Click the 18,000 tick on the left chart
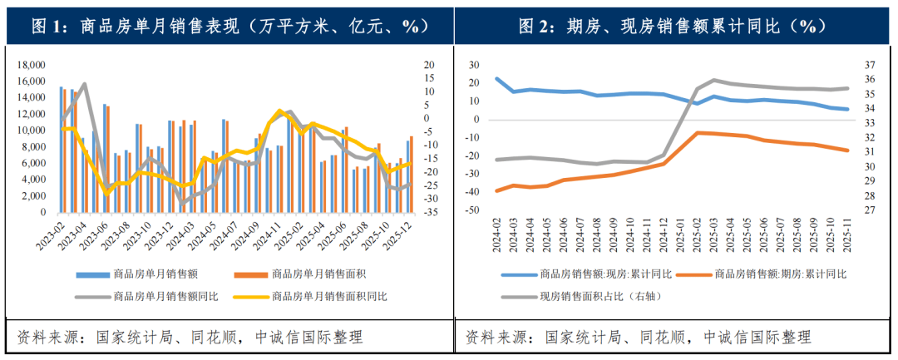32,65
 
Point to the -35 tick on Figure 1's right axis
429,213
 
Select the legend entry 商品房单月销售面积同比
328,295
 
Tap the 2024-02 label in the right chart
497,236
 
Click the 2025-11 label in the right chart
846,236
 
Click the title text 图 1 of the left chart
49,27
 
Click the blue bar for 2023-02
62,150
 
